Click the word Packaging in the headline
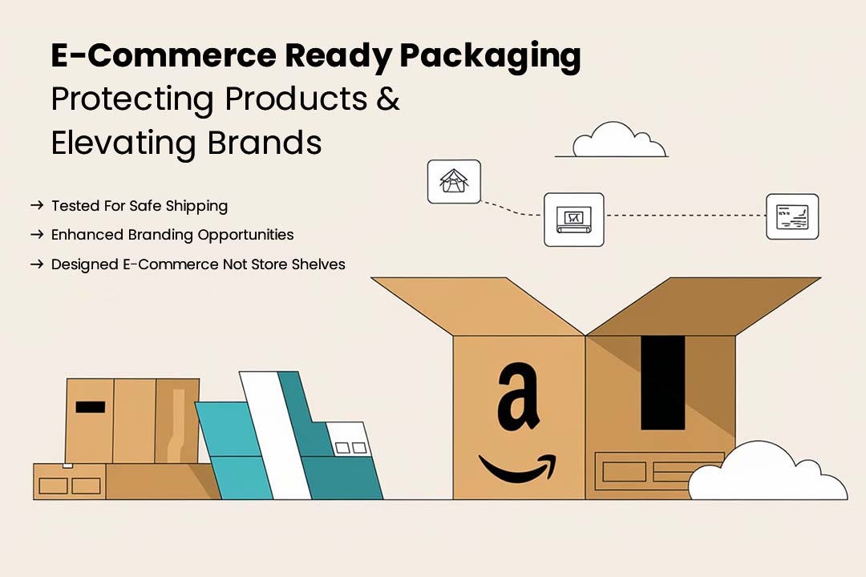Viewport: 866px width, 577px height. coord(490,56)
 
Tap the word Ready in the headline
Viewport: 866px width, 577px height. coord(338,56)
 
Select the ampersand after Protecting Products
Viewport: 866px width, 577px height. coord(388,99)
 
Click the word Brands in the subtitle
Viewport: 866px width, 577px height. coord(265,143)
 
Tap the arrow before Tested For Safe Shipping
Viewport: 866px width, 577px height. coord(37,205)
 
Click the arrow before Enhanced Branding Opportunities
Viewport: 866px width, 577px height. coord(37,235)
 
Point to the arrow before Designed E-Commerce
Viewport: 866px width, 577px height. coord(37,264)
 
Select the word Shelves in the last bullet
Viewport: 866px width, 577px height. coord(318,264)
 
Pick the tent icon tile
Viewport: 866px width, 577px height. coord(454,182)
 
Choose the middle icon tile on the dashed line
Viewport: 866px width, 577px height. coord(574,220)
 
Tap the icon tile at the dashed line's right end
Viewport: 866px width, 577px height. coord(792,216)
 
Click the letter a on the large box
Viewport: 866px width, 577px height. coord(517,397)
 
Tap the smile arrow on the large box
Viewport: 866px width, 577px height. coord(518,468)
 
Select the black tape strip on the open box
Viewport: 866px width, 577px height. coord(663,382)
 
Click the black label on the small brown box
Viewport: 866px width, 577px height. coord(90,407)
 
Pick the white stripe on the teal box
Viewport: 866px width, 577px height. coord(275,435)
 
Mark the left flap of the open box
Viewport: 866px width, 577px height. coord(478,306)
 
